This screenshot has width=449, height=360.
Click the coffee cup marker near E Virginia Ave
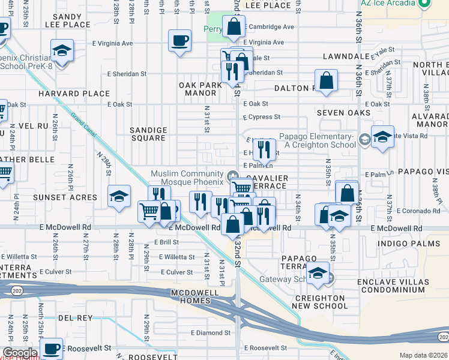pos(179,41)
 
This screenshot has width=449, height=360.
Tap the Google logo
pos(19,352)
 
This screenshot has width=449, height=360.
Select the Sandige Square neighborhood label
pos(148,134)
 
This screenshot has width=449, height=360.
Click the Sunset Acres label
pos(73,197)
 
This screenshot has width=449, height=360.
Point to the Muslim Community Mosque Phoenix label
pos(187,178)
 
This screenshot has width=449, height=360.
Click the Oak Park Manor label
pos(200,89)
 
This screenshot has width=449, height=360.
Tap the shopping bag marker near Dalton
pos(326,80)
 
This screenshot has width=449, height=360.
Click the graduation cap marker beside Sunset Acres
pos(119,196)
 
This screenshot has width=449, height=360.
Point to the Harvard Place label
pos(74,94)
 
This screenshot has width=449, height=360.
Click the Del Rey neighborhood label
pos(74,317)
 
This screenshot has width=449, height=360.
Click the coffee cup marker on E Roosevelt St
pos(52,348)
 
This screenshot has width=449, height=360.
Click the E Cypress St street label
pos(262,117)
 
